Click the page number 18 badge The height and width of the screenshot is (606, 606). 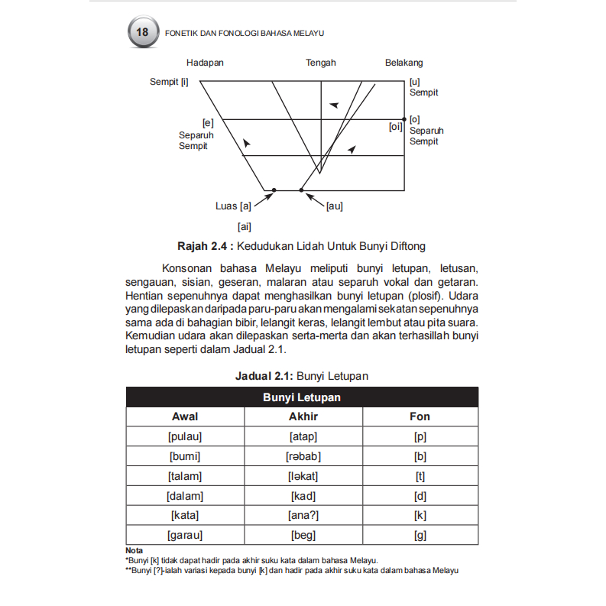tap(142, 33)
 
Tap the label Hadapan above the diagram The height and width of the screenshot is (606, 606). tap(205, 63)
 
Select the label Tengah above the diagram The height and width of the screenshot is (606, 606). tap(321, 63)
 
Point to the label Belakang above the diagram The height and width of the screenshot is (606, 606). tap(403, 63)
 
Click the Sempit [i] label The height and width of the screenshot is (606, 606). tap(169, 82)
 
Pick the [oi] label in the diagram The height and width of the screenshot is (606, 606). tap(395, 128)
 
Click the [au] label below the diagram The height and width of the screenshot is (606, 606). tap(334, 206)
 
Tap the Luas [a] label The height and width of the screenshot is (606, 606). tap(234, 206)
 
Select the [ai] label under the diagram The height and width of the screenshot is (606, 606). tap(245, 226)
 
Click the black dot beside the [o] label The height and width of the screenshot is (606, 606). tap(404, 119)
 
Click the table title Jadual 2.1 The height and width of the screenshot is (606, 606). tap(264, 376)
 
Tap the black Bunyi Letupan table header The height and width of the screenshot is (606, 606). tap(302, 397)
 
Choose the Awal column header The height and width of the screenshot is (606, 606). tap(185, 416)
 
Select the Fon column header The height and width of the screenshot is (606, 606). tap(420, 416)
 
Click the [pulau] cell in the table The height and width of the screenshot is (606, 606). tap(185, 436)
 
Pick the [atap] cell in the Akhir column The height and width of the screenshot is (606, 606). tap(303, 436)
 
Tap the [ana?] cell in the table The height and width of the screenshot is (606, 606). tap(303, 516)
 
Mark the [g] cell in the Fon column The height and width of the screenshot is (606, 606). tap(420, 536)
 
